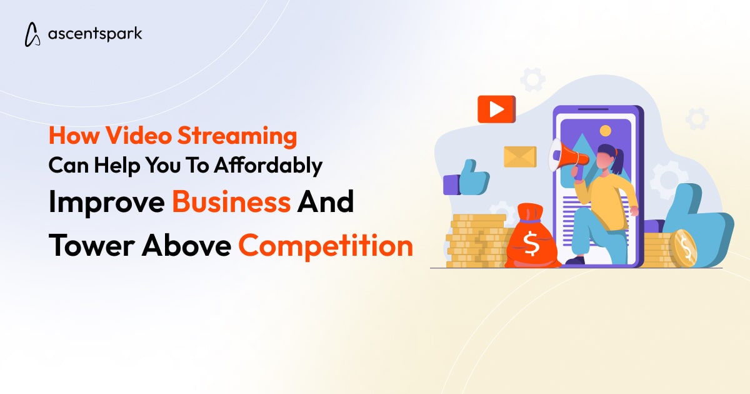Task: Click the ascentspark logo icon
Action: (32, 34)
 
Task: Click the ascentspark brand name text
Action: (95, 34)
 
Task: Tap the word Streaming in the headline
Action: (237, 136)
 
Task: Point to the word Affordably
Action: (268, 166)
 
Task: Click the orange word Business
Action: (231, 201)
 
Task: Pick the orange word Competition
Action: (326, 246)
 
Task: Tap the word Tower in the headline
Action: (91, 246)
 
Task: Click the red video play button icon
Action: (496, 109)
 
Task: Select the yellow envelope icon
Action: (520, 156)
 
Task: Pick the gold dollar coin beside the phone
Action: (683, 249)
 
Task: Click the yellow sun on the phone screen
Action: (605, 131)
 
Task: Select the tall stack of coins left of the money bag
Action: (477, 241)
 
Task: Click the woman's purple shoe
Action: (575, 260)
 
